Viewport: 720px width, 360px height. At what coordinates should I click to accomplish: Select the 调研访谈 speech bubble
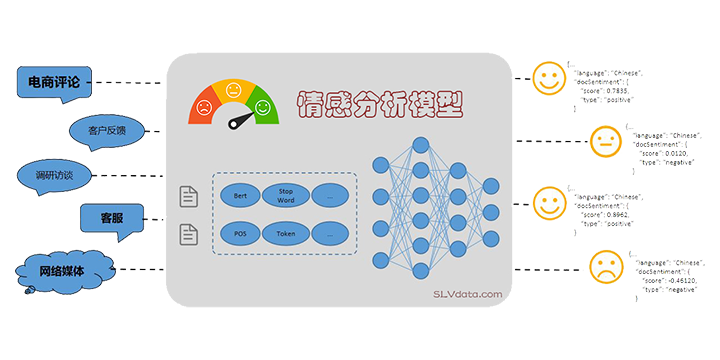(x=55, y=175)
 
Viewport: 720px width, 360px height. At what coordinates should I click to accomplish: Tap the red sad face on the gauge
(x=204, y=106)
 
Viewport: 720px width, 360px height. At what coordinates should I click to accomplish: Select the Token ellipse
(x=285, y=234)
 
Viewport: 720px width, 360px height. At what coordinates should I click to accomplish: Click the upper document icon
(x=187, y=197)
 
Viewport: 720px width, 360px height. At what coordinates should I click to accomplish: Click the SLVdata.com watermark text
(x=461, y=293)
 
